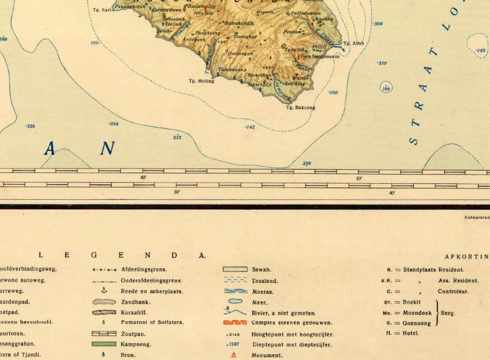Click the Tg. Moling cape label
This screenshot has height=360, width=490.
click(199, 80)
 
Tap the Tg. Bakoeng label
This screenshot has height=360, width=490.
click(300, 108)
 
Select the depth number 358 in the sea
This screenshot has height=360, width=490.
click(113, 124)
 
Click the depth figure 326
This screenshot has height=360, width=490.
click(31, 127)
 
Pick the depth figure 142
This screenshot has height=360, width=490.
click(249, 127)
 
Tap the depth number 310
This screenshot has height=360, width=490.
click(382, 64)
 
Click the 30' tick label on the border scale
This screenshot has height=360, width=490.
click(176, 193)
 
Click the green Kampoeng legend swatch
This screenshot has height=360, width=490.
click(104, 344)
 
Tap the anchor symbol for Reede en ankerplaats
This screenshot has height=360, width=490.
click(104, 290)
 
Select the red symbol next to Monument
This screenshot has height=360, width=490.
click(233, 355)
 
